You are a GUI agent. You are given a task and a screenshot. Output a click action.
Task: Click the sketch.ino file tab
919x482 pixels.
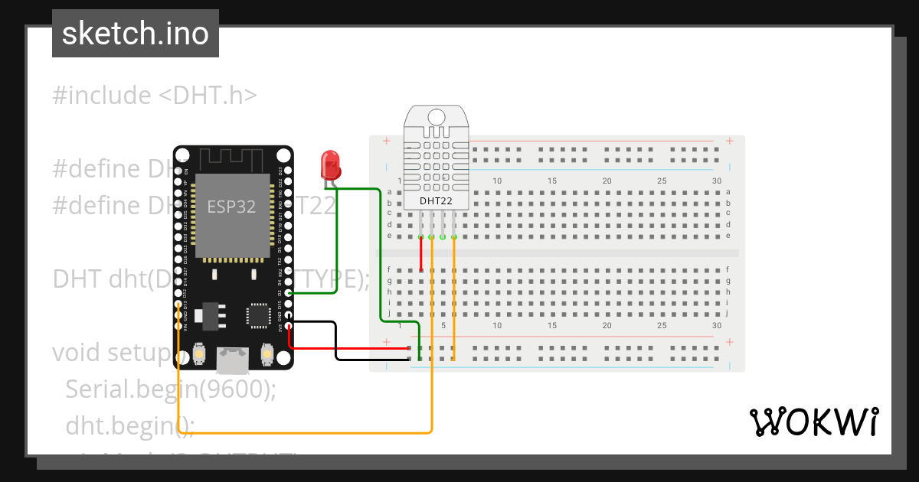tap(135, 34)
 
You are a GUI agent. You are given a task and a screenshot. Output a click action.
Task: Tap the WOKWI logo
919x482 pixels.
tap(813, 422)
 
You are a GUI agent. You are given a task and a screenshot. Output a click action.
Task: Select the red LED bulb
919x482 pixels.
tap(330, 164)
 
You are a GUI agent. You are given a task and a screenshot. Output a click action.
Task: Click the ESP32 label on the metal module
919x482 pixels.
tap(231, 207)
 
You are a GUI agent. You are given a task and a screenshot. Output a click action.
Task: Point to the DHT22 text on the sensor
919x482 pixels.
tap(437, 201)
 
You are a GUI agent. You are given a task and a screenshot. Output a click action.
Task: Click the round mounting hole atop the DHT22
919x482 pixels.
tap(436, 117)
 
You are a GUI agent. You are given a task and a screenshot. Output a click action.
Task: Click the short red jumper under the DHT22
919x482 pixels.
tap(420, 255)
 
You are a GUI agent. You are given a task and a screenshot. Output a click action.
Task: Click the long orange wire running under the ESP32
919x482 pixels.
tap(306, 433)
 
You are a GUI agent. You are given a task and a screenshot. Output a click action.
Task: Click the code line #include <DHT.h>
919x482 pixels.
tap(155, 95)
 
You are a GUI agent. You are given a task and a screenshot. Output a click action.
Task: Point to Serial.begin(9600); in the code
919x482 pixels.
tap(170, 389)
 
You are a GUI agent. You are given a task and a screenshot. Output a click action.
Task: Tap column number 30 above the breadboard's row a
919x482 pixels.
tap(716, 181)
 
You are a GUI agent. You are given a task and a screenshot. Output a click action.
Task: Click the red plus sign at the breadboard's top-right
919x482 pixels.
tap(730, 141)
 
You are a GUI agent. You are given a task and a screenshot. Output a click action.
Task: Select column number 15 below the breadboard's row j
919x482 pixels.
tap(551, 325)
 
